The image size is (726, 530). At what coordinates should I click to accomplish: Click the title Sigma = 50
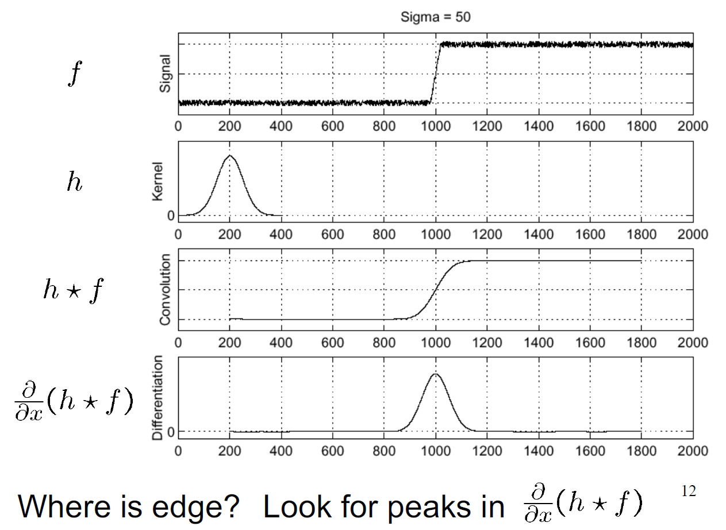(435, 17)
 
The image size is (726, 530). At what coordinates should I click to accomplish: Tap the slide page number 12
(688, 491)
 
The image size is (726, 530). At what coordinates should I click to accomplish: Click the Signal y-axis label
(166, 74)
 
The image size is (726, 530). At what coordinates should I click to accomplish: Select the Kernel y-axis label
(158, 181)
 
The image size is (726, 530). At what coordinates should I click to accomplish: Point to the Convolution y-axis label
(166, 290)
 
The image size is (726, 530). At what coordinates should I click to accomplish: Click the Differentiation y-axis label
(159, 398)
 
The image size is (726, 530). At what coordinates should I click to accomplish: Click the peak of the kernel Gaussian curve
(230, 155)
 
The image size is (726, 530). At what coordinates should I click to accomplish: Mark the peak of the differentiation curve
(435, 374)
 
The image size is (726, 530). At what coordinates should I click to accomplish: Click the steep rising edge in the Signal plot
(435, 73)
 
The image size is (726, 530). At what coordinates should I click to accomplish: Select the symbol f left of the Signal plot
(72, 75)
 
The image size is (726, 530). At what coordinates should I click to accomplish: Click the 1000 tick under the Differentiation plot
(435, 451)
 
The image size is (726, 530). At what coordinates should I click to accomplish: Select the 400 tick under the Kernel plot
(281, 234)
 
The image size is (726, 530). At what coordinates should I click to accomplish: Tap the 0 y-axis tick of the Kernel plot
(171, 216)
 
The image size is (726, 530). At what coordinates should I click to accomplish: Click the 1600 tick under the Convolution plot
(589, 343)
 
